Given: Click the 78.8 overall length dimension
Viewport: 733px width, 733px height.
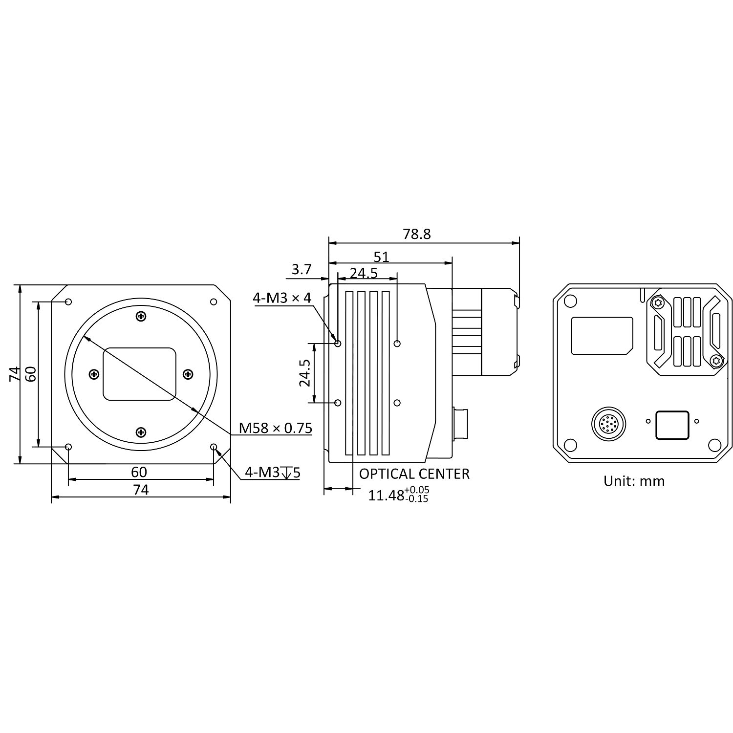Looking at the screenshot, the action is coord(417,234).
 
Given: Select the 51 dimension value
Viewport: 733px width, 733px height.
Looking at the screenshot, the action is coord(381,257).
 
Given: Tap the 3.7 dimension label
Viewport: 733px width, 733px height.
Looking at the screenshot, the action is coord(302,269).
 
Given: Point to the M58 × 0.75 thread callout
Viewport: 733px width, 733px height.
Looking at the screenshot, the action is coord(276,428).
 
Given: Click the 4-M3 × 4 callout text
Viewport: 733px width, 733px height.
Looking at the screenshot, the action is coord(282,298).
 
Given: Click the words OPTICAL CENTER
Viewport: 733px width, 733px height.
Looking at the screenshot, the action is coord(414,474).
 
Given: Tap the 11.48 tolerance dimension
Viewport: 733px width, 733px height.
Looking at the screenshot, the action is coord(398,495).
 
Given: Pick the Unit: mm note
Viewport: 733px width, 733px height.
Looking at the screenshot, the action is coord(634,481).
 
